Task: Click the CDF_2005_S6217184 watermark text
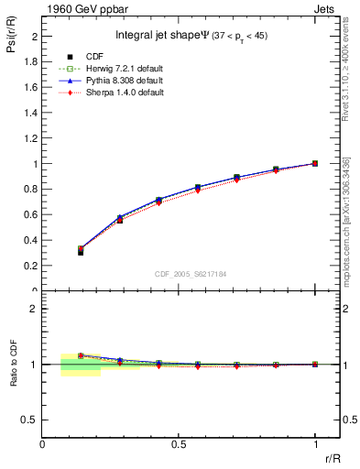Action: (191, 273)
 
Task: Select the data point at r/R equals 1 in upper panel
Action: (315, 163)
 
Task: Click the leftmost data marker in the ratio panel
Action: (81, 355)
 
